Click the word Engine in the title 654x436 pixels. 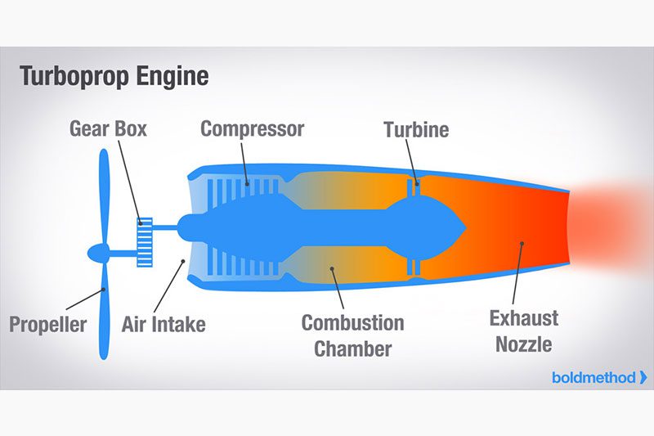(172, 77)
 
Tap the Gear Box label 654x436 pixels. (108, 128)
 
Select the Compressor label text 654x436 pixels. (253, 129)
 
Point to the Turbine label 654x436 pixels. (416, 129)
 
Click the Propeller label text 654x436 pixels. (48, 325)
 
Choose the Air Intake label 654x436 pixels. (163, 324)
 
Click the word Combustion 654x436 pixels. (353, 323)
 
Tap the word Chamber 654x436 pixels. (353, 348)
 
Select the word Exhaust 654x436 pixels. (524, 318)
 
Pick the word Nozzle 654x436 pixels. (524, 344)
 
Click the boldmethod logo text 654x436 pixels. (594, 378)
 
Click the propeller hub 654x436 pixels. (99, 254)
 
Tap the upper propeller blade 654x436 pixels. (104, 196)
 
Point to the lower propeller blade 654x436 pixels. (104, 311)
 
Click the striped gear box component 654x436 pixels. (145, 242)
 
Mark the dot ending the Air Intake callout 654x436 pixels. (182, 261)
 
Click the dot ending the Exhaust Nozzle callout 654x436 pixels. (522, 243)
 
